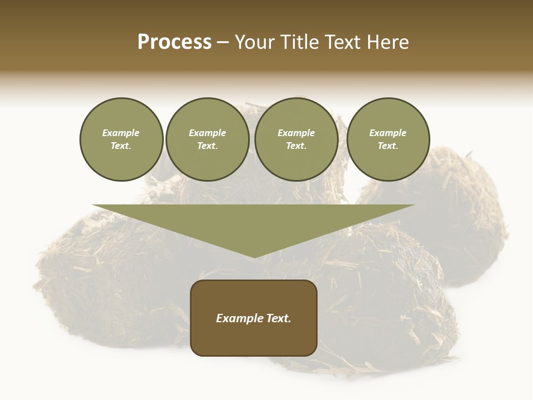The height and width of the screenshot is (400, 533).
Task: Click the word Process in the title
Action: point(174,42)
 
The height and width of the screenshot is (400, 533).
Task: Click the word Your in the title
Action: point(254,42)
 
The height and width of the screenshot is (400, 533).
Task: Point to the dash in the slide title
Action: point(223,42)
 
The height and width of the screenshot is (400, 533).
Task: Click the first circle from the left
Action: point(121,139)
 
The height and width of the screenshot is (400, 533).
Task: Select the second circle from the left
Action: point(207,139)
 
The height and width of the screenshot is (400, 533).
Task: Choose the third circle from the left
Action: point(296,139)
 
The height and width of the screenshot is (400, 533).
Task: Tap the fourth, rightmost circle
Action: point(388,139)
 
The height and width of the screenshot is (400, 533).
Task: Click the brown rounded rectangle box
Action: point(254,339)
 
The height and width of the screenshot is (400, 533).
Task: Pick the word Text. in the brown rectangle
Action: point(278,318)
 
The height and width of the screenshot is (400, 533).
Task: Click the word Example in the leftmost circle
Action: point(121,133)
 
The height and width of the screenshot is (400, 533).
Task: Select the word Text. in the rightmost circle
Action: point(388,146)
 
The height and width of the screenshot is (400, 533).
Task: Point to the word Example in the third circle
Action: point(296,133)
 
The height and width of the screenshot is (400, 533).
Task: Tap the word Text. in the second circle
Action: point(207,146)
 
